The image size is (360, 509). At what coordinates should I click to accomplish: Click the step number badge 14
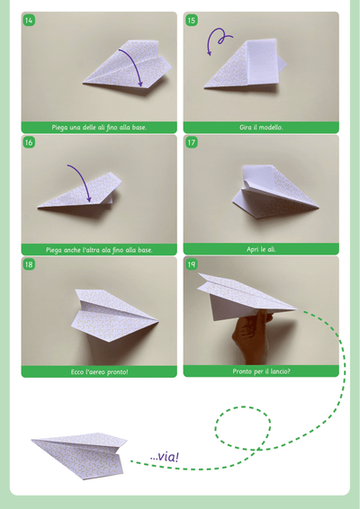[29, 21]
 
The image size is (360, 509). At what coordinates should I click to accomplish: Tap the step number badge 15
[192, 21]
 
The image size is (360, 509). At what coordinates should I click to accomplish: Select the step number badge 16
[29, 142]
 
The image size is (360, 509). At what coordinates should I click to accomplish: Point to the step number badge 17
[192, 142]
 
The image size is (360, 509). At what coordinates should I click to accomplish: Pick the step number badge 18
[29, 264]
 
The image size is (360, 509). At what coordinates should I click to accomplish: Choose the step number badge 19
[192, 264]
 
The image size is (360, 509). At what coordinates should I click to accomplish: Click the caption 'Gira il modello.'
[261, 128]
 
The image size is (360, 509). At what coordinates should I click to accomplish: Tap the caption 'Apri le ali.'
[261, 249]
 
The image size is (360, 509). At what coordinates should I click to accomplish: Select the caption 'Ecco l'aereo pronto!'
[99, 371]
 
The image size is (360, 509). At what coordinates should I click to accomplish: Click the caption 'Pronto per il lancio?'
[261, 371]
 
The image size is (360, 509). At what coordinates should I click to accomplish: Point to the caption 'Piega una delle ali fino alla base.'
[99, 128]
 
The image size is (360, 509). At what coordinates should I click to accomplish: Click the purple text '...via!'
[165, 457]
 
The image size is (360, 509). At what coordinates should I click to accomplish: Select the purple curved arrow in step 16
[83, 178]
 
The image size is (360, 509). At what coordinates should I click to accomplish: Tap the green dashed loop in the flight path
[243, 428]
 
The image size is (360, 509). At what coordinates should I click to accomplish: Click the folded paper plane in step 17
[274, 192]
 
